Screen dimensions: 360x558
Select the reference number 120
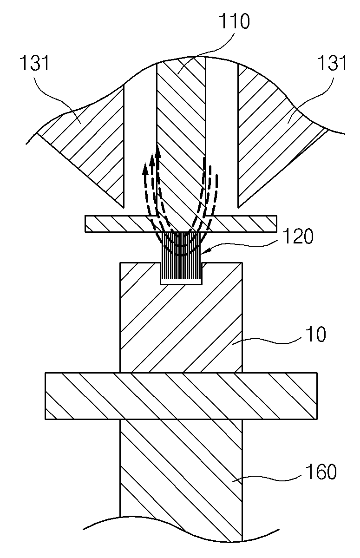pyautogui.click(x=298, y=236)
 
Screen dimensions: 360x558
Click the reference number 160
pyautogui.click(x=321, y=471)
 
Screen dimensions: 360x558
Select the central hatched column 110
pyautogui.click(x=181, y=139)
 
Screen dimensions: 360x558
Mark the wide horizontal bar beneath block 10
pyautogui.click(x=181, y=396)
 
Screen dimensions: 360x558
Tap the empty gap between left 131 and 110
pyautogui.click(x=140, y=139)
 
